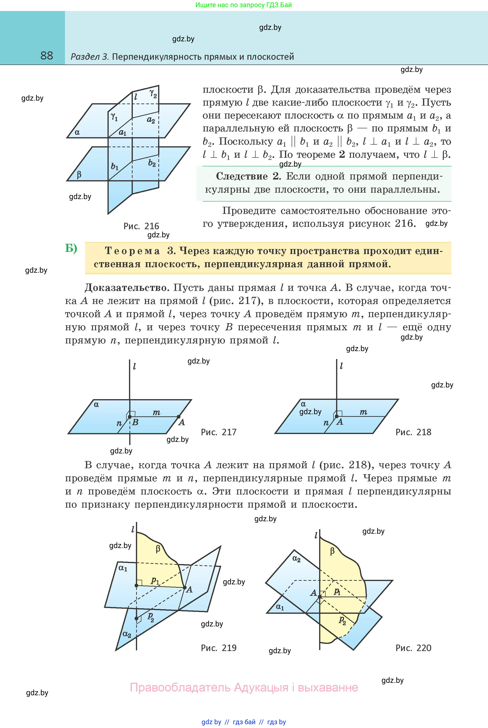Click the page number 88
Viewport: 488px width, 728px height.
(47, 56)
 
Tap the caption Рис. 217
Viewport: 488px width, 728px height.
(219, 432)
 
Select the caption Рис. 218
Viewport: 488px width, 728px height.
(413, 432)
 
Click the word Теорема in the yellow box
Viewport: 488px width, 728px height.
(132, 251)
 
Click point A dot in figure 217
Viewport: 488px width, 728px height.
(179, 417)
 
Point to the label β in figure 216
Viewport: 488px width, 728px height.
(79, 174)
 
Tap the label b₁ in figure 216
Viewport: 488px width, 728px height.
(114, 167)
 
